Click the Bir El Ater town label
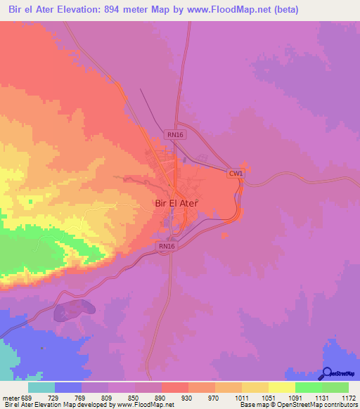tap(176, 202)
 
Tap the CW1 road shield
tap(236, 174)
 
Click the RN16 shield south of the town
tap(167, 246)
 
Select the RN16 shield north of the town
tap(175, 134)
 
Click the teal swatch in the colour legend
tap(41, 388)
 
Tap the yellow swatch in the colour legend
tap(282, 388)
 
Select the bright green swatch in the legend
tap(309, 388)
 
